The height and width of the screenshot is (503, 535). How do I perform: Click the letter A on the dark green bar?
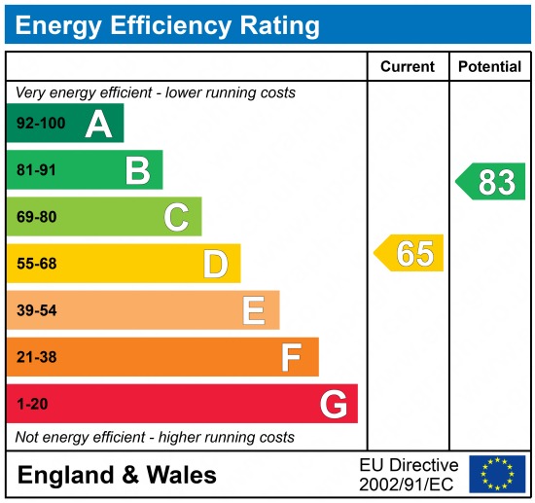pos(98,124)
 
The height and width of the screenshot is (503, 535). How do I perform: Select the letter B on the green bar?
pos(137,170)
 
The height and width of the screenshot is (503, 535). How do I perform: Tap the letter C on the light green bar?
pos(176,217)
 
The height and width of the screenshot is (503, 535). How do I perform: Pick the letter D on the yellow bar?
pos(215,264)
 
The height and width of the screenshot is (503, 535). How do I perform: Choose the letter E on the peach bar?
pos(253,310)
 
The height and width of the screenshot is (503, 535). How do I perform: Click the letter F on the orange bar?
pos(291,357)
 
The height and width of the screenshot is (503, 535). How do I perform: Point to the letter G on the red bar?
pos(333,404)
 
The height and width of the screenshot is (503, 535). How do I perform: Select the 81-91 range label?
pos(36,171)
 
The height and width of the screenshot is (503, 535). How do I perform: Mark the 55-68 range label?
pos(36,264)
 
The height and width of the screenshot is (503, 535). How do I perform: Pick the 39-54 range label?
pos(36,310)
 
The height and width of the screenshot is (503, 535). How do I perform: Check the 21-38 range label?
pos(36,357)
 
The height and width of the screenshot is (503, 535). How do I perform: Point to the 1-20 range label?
pos(31,404)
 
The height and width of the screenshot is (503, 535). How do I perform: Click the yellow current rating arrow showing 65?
pos(410,253)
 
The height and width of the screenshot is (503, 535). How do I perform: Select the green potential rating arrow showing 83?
pos(491,182)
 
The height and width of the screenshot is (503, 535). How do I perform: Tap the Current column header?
pos(408,67)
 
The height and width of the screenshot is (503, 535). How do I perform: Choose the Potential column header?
pos(489,67)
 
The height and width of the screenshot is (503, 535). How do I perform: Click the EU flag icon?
pos(496,474)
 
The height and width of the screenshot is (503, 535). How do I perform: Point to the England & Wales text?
pos(117,475)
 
